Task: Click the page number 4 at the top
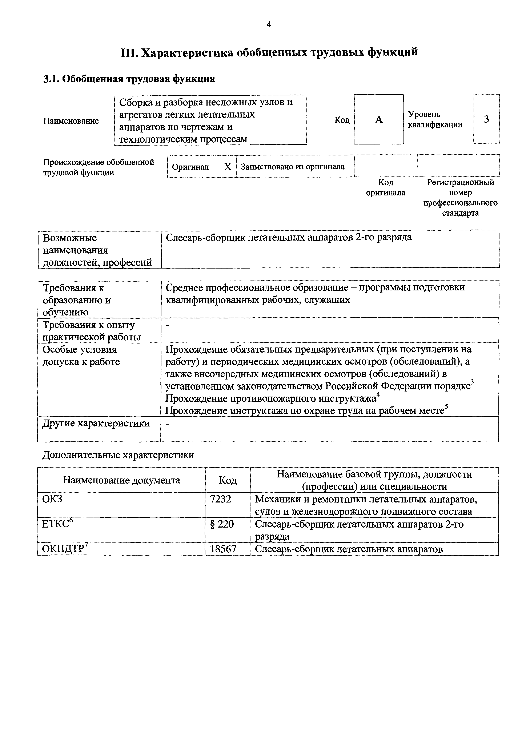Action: tap(269, 24)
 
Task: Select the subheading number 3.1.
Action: tap(51, 79)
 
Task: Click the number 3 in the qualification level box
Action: tap(486, 119)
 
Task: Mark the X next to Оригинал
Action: tap(227, 167)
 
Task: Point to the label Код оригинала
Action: tap(386, 188)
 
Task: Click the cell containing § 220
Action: tap(222, 524)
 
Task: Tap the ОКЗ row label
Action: tap(52, 499)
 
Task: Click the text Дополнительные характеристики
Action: tap(118, 455)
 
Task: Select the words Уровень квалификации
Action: tap(435, 119)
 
